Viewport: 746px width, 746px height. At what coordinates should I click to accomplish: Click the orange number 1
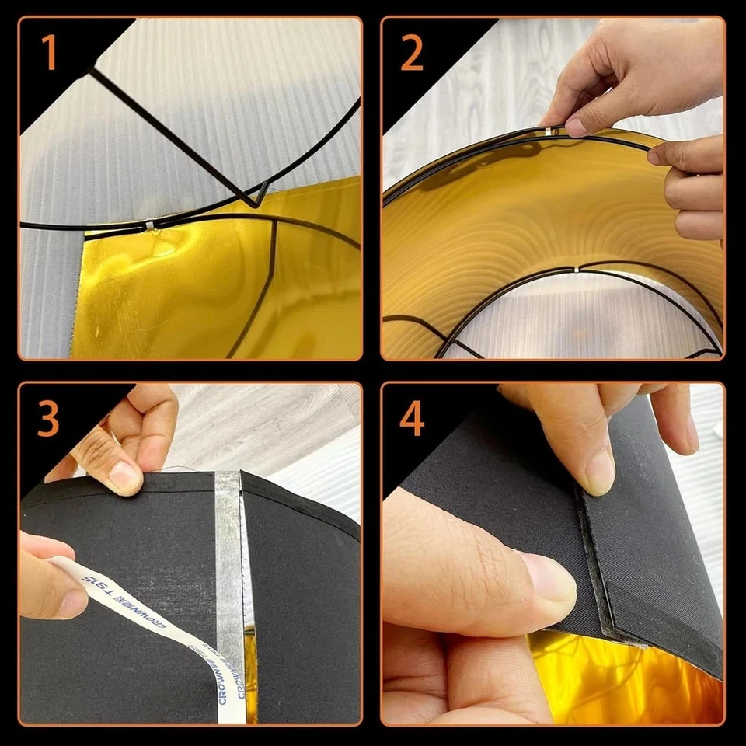click(49, 53)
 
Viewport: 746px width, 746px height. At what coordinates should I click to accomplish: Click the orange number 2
click(413, 53)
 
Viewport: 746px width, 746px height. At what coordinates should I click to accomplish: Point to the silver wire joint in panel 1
click(149, 226)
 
